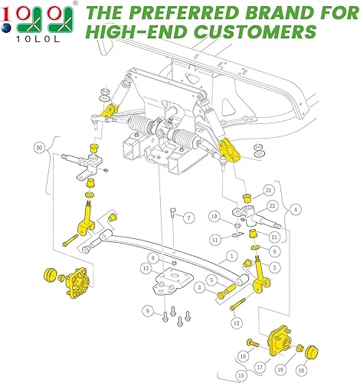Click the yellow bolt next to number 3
click(x=224, y=292)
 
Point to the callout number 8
click(x=153, y=257)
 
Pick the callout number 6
click(x=275, y=250)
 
